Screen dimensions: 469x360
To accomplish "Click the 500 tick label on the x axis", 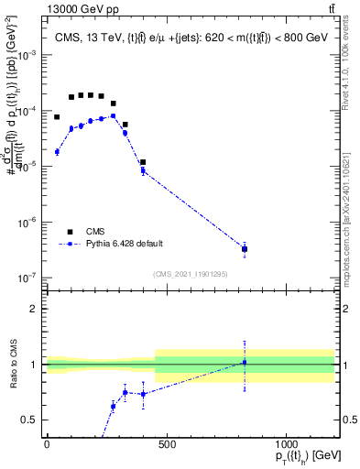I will click(x=167, y=445).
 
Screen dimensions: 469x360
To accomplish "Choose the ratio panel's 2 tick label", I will click(x=34, y=309).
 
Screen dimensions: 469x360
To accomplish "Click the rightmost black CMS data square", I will click(x=245, y=249).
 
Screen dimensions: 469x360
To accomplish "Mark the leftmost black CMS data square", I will click(x=57, y=117).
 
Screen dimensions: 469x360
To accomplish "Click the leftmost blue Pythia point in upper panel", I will click(x=57, y=152).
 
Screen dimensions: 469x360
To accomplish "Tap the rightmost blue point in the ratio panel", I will click(x=245, y=363).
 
